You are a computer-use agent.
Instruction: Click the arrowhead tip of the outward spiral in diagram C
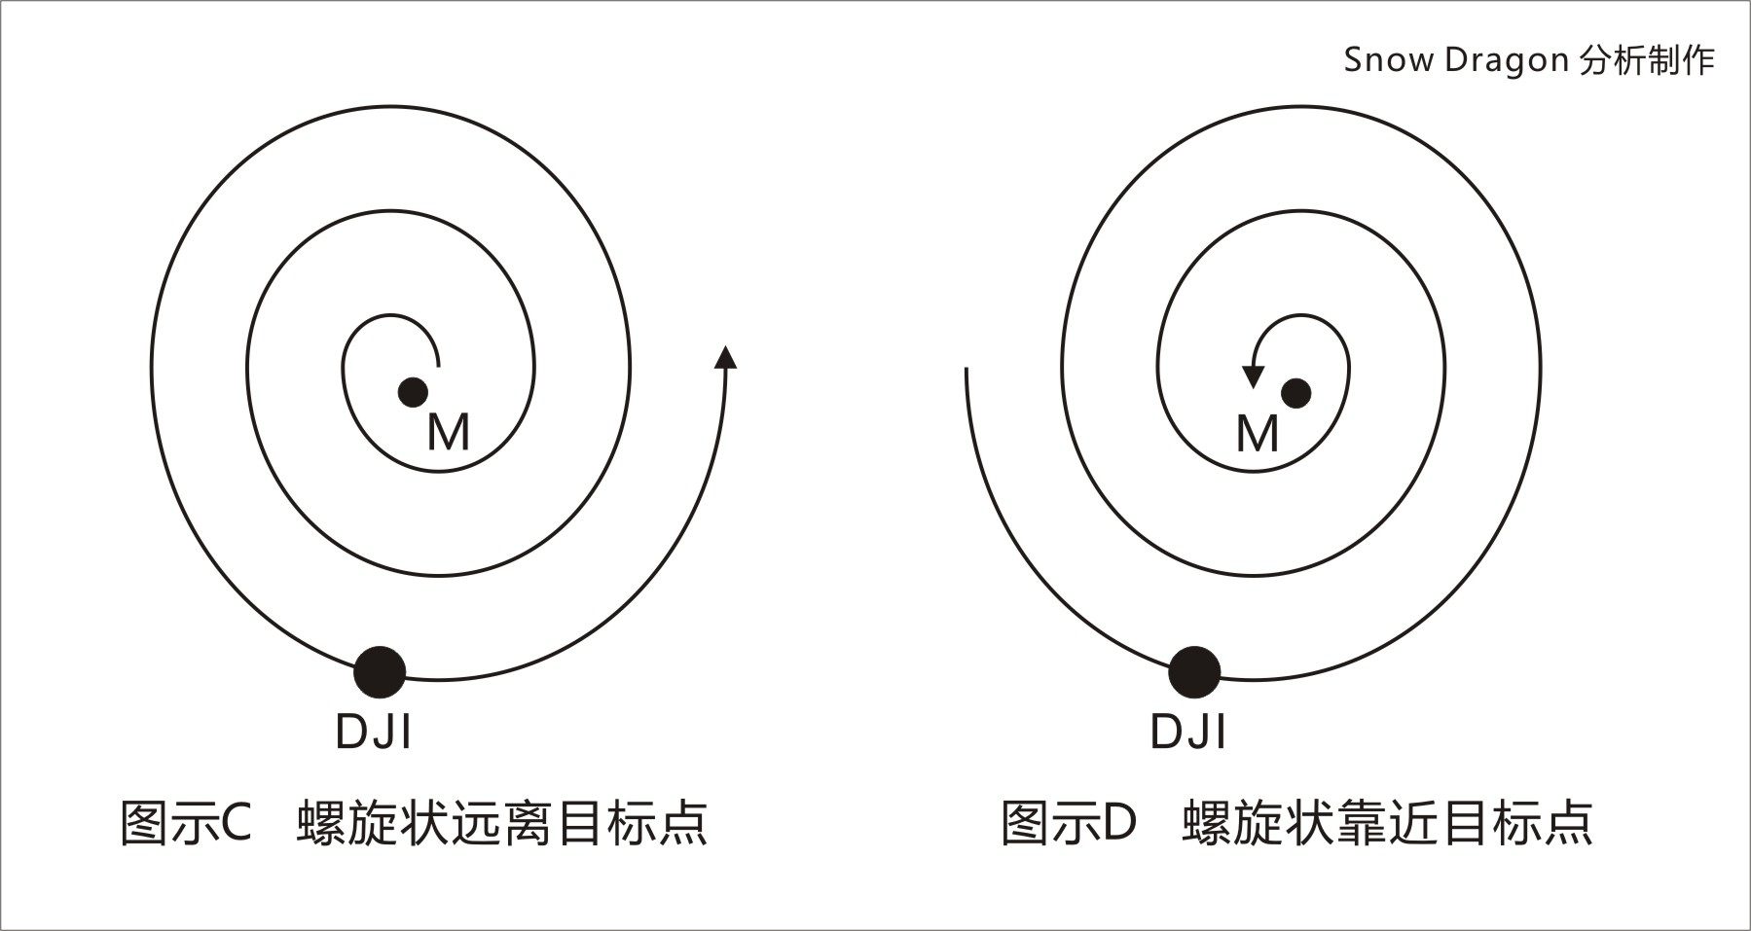click(725, 343)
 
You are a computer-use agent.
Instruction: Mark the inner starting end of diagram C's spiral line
click(439, 366)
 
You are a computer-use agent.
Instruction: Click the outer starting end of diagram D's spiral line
click(966, 369)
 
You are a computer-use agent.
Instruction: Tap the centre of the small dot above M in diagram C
click(413, 392)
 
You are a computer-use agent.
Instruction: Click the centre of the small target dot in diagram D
click(1295, 393)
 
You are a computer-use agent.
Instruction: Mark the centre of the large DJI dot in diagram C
click(380, 671)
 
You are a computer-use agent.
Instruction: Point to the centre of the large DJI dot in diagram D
click(1193, 671)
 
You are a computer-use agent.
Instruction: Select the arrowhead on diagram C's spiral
click(725, 356)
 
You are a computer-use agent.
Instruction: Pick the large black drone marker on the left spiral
click(380, 671)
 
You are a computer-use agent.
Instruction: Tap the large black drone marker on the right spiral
click(1193, 671)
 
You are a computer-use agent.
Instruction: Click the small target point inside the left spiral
click(413, 392)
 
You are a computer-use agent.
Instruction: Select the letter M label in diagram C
click(449, 432)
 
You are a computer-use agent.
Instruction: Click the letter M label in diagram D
click(1257, 433)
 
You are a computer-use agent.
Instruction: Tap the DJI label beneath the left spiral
click(373, 732)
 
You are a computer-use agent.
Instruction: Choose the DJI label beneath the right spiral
click(1187, 732)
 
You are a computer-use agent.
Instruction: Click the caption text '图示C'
click(186, 822)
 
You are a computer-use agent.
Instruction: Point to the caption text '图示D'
click(1069, 822)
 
